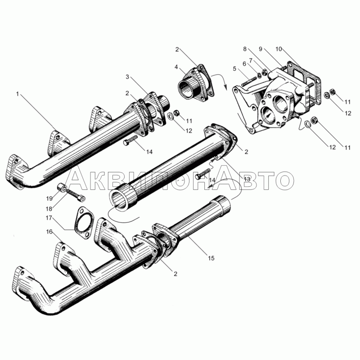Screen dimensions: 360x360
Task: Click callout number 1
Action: pyautogui.click(x=17, y=94)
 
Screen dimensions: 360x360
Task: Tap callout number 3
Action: pyautogui.click(x=127, y=77)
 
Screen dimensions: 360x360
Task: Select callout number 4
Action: pyautogui.click(x=176, y=67)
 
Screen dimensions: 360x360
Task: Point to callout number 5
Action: pyautogui.click(x=234, y=68)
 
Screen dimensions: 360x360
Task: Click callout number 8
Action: pyautogui.click(x=245, y=49)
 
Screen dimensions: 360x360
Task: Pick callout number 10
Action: pyautogui.click(x=279, y=49)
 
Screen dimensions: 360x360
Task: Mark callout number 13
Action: pyautogui.click(x=247, y=179)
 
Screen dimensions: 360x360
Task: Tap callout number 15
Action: pyautogui.click(x=211, y=258)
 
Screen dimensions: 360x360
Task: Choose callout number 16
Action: pyautogui.click(x=49, y=232)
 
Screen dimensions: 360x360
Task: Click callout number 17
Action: pyautogui.click(x=49, y=218)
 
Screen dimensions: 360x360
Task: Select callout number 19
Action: pyautogui.click(x=49, y=198)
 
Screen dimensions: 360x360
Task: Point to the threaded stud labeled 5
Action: pyautogui.click(x=249, y=82)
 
